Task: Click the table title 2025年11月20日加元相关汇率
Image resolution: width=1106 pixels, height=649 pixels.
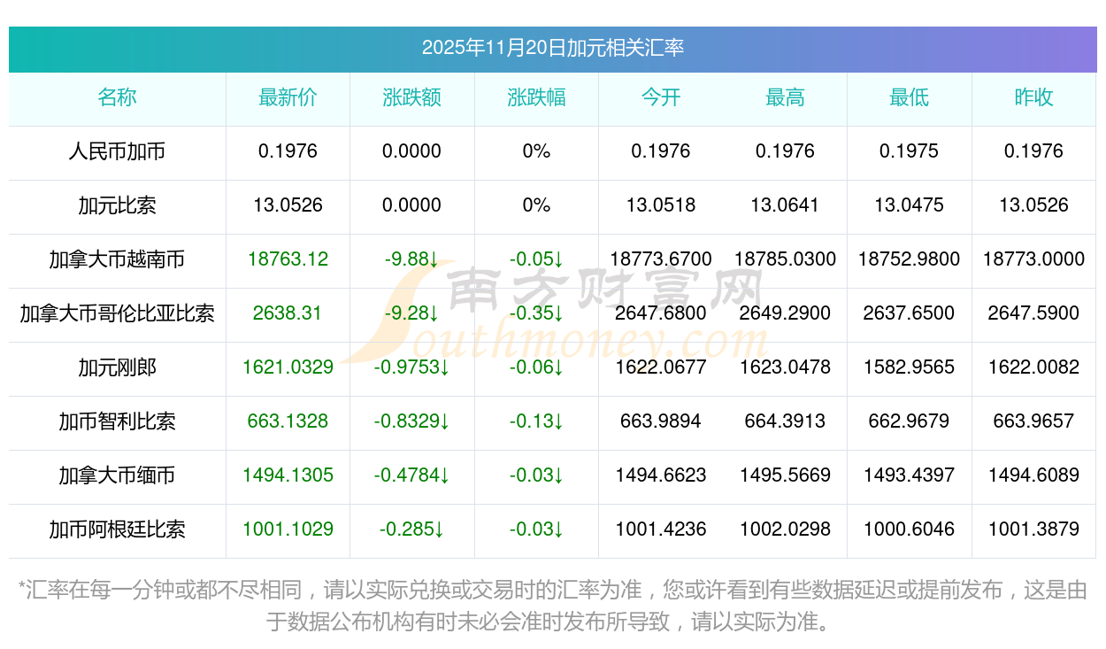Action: [552, 48]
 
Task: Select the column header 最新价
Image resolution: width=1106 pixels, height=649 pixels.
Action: [288, 97]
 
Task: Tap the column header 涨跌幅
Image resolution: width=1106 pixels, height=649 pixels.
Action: [536, 97]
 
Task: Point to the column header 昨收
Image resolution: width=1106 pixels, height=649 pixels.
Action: [1033, 97]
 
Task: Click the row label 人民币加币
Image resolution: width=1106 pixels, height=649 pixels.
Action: [117, 151]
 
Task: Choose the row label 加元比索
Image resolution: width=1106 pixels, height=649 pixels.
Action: [117, 205]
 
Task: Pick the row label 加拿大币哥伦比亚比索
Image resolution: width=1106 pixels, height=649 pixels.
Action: [117, 313]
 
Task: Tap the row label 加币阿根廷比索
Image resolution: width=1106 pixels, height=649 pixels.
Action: [117, 529]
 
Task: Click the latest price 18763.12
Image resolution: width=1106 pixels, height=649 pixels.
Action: [288, 259]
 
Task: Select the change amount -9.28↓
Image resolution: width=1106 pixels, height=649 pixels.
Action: [411, 313]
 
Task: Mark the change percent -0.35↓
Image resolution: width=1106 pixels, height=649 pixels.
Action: [536, 313]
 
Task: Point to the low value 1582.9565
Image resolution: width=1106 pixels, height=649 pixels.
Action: [910, 367]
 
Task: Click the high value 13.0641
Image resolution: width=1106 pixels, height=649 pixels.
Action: [785, 205]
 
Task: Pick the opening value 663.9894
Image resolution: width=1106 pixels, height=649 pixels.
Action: [661, 421]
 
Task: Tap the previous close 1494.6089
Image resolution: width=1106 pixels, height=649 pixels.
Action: [1033, 475]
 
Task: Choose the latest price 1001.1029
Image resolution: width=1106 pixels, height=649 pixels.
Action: [288, 529]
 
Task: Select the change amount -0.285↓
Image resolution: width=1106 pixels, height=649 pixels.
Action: [411, 529]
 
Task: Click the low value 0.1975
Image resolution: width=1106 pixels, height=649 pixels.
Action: [910, 151]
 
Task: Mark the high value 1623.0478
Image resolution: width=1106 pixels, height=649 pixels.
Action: [785, 367]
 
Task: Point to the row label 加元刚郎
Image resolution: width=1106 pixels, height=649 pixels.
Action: [117, 367]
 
